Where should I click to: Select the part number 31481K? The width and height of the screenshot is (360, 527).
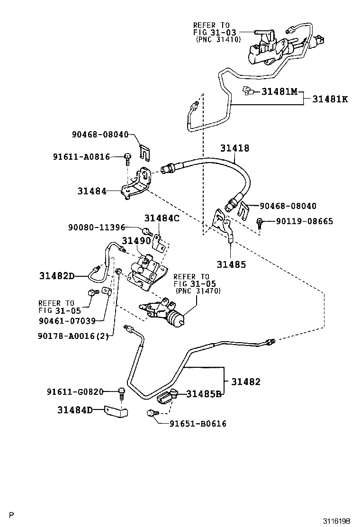pyautogui.click(x=330, y=99)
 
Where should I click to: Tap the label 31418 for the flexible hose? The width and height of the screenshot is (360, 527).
pyautogui.click(x=234, y=148)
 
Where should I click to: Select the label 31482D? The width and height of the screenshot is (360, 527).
pyautogui.click(x=57, y=276)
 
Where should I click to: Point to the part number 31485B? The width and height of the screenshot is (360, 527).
pyautogui.click(x=204, y=393)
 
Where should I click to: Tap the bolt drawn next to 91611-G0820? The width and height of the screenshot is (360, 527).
pyautogui.click(x=122, y=393)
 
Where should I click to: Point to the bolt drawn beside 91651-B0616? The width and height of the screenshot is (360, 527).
pyautogui.click(x=151, y=414)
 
